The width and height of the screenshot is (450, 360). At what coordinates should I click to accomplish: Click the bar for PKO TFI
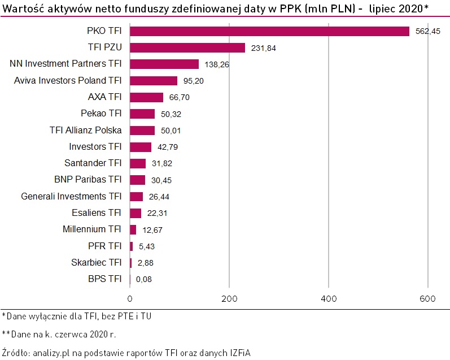coord(269,31)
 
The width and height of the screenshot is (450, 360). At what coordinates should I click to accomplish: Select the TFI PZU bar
coord(187,47)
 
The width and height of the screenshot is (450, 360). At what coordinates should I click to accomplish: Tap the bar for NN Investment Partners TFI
coord(164,64)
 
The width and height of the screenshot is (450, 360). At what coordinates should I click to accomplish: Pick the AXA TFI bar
coord(146,97)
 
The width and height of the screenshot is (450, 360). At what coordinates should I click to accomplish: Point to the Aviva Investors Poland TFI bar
coord(154,81)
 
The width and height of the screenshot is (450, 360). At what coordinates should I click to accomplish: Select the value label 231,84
coord(263,48)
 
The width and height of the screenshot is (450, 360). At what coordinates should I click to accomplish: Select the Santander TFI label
coord(93,163)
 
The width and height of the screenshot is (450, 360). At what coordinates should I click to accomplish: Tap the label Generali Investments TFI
coord(71,196)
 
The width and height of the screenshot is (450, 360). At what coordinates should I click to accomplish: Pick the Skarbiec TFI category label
coord(97,262)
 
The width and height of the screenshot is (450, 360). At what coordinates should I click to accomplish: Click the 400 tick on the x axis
coord(329,298)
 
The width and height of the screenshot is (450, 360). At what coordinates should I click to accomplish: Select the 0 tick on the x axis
coord(130,298)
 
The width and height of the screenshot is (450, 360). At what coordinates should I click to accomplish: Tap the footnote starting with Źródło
coord(126,352)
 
